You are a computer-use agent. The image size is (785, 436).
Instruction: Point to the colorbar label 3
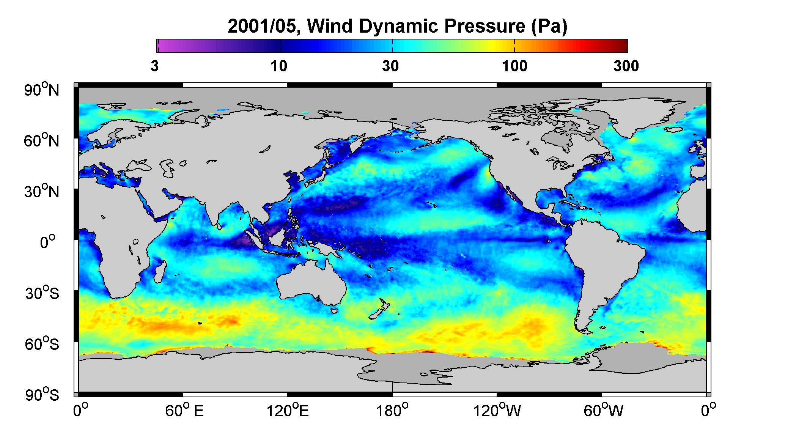(155, 66)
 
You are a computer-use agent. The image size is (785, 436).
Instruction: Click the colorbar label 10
(279, 66)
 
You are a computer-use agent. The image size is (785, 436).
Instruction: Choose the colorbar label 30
(391, 66)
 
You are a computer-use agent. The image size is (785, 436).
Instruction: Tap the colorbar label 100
(514, 66)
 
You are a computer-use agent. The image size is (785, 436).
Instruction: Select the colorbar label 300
(626, 66)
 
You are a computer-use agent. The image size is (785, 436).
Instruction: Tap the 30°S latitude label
(42, 293)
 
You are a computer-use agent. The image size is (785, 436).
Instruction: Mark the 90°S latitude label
(42, 395)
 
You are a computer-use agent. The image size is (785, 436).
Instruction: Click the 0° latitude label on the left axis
(48, 242)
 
